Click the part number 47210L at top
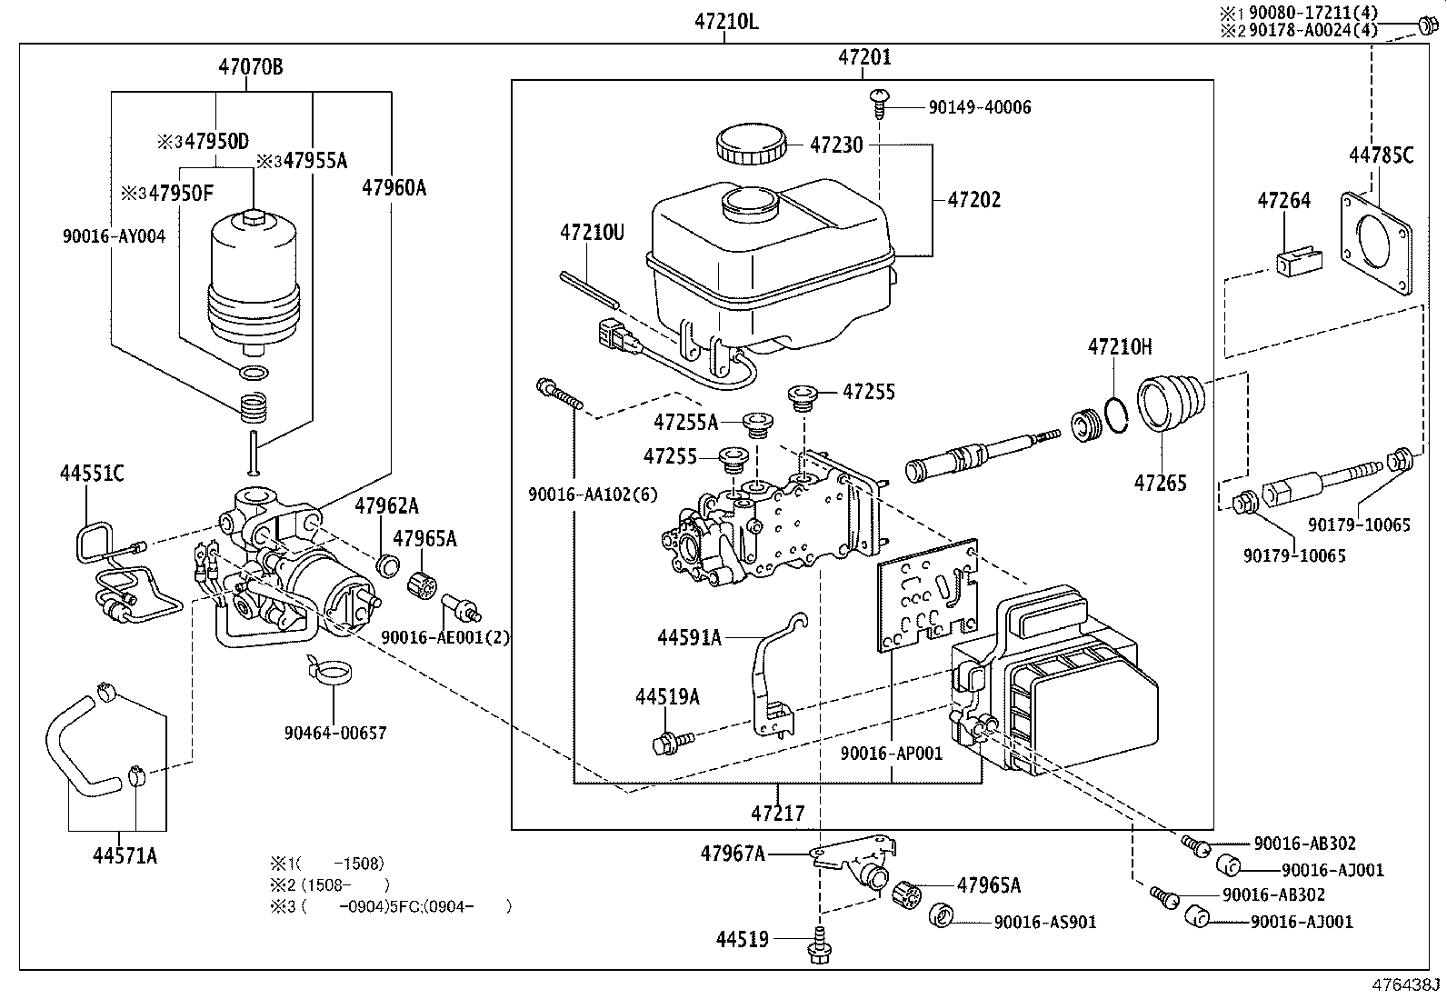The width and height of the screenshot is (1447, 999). [x=726, y=22]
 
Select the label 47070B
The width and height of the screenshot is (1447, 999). [x=251, y=66]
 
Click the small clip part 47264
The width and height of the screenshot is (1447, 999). [x=1299, y=260]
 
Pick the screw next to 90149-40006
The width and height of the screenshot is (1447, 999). [x=879, y=104]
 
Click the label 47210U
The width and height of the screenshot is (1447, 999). [x=592, y=232]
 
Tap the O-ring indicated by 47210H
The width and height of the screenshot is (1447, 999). [x=1115, y=415]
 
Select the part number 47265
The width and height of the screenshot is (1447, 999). [x=1160, y=483]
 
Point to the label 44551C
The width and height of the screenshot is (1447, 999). [x=92, y=473]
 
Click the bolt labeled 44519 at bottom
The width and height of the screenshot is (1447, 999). [x=819, y=946]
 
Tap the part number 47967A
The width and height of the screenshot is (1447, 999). [x=733, y=854]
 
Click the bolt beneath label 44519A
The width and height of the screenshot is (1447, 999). [x=673, y=742]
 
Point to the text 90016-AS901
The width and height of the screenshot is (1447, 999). [x=1045, y=922]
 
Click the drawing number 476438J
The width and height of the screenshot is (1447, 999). [x=1406, y=984]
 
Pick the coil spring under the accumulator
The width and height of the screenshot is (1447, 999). [x=253, y=407]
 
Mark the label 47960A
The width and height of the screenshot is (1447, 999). [x=394, y=187]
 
